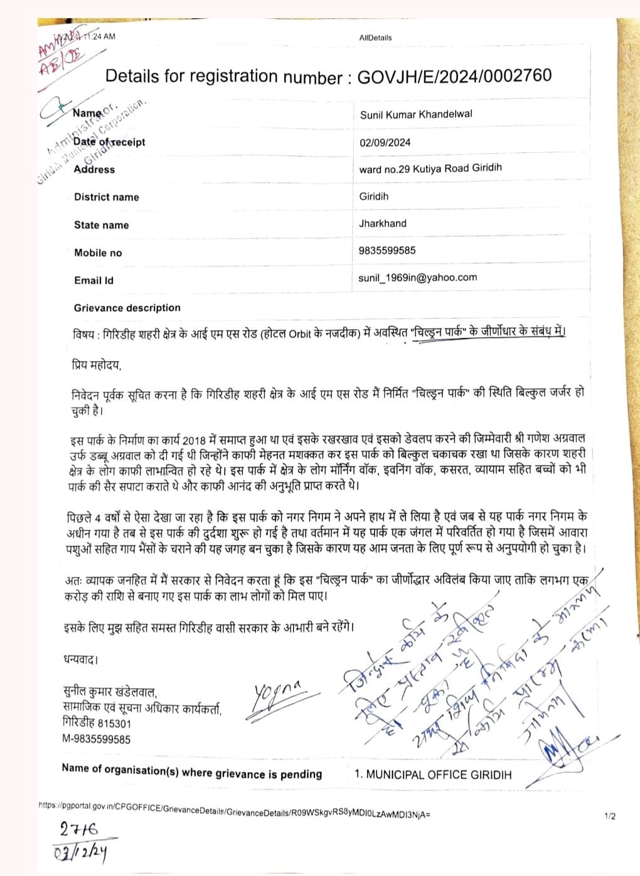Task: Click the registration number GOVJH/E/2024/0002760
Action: [454, 77]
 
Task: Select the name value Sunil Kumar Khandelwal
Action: [416, 114]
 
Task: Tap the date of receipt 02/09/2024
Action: [385, 142]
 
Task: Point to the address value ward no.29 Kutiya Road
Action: [430, 168]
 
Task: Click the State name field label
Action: [101, 225]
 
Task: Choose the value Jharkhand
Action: [383, 223]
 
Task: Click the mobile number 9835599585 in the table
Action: [387, 250]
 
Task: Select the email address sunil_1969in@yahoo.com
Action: [418, 277]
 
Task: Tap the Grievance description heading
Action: [127, 308]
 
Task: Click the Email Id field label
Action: [93, 280]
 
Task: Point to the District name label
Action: [106, 197]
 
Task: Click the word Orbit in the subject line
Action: [300, 333]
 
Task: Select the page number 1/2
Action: [610, 816]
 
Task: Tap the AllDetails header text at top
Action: [375, 38]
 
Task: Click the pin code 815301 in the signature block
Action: [114, 723]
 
